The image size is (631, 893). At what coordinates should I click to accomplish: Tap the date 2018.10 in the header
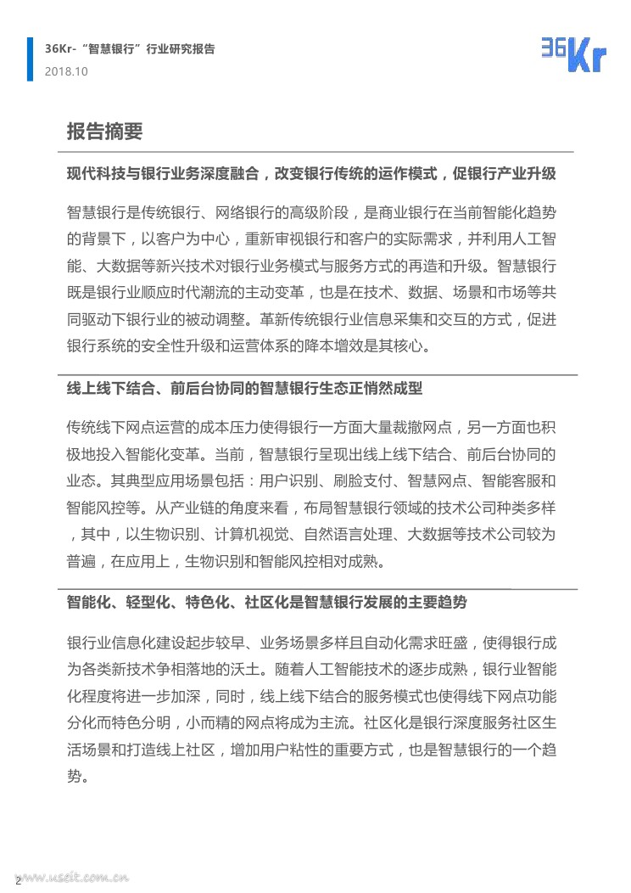66,71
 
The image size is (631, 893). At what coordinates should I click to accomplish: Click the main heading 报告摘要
104,132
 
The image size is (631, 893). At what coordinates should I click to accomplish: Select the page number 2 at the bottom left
18,880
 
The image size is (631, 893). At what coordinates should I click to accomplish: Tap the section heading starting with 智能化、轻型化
266,602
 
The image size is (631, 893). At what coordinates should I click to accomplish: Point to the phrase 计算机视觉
260,535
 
